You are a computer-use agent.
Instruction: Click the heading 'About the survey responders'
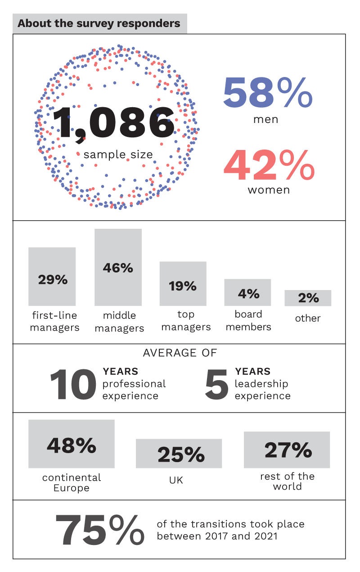[99, 23]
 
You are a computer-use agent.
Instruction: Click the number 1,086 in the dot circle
[114, 123]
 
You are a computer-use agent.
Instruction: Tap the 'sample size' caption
[118, 154]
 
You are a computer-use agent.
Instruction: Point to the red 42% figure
[269, 165]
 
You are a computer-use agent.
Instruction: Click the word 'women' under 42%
[269, 190]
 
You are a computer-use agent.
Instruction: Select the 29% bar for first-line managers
[52, 276]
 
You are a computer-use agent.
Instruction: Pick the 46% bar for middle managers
[118, 268]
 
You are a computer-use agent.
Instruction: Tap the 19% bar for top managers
[183, 284]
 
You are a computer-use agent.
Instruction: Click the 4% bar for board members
[247, 293]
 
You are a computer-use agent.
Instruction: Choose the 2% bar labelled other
[308, 298]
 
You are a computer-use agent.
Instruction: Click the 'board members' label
[248, 320]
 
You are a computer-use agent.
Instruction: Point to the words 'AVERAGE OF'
[180, 353]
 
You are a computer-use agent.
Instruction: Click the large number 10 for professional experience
[73, 386]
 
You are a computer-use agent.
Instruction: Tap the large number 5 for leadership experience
[216, 386]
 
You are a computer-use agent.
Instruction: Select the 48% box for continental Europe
[72, 444]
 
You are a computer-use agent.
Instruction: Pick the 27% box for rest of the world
[287, 450]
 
